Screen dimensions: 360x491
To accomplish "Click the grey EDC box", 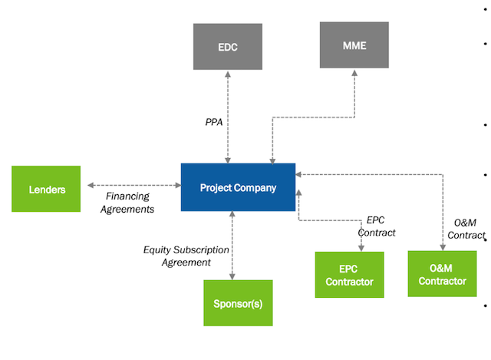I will [x=228, y=46].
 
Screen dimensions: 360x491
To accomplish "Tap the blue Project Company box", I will [x=238, y=187].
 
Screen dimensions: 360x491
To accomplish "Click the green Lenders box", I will [x=45, y=188].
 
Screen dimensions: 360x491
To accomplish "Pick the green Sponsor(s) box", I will [x=238, y=302].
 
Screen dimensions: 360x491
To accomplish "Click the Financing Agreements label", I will [x=129, y=203].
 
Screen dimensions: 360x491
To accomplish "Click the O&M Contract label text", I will [x=468, y=229].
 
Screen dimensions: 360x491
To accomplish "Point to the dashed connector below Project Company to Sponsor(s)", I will [x=232, y=246].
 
